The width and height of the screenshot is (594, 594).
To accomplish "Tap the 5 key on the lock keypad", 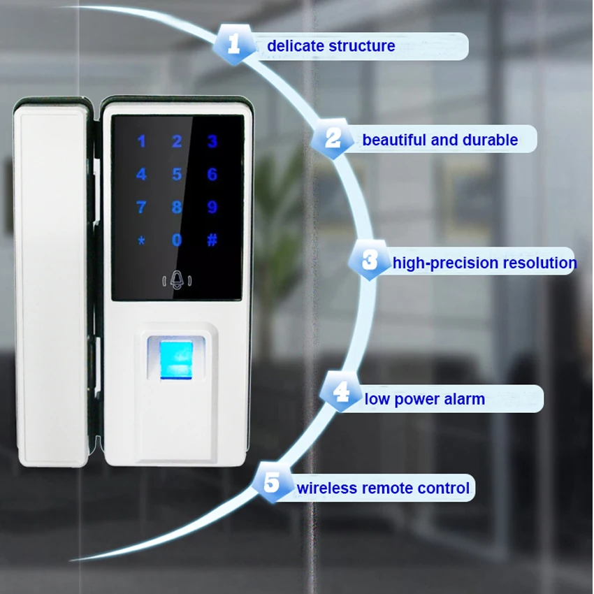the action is (177, 174).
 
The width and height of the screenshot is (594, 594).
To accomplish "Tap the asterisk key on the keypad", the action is (141, 241).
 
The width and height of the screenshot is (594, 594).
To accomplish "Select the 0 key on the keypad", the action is (177, 240).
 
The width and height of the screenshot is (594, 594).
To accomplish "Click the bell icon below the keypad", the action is (177, 280).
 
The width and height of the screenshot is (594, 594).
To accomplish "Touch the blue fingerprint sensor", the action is (178, 358).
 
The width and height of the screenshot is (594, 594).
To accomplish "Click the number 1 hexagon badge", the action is (234, 45).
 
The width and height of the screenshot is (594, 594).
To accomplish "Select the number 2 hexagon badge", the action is (333, 139).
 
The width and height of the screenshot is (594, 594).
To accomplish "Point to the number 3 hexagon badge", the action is (370, 261).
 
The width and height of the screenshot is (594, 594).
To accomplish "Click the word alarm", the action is (463, 400).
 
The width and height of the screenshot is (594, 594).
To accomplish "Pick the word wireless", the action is (327, 487).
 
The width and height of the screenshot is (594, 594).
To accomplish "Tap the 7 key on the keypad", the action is (141, 208).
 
